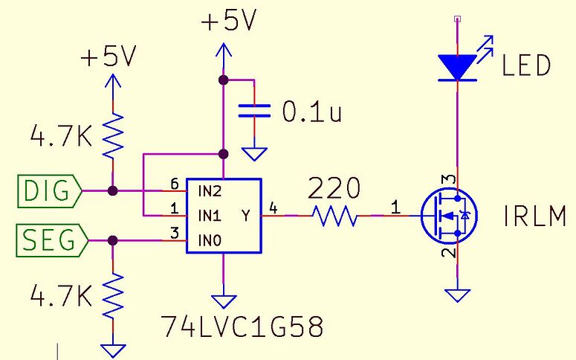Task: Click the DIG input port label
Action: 49,191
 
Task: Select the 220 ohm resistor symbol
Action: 334,216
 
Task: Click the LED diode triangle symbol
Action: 456,67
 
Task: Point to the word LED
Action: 526,66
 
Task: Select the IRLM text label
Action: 534,218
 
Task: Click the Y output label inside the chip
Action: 246,216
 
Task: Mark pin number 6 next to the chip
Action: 175,184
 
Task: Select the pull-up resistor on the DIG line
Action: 112,134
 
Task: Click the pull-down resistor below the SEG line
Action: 112,295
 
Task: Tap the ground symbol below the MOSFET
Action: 459,295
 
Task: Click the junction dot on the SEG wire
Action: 112,240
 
